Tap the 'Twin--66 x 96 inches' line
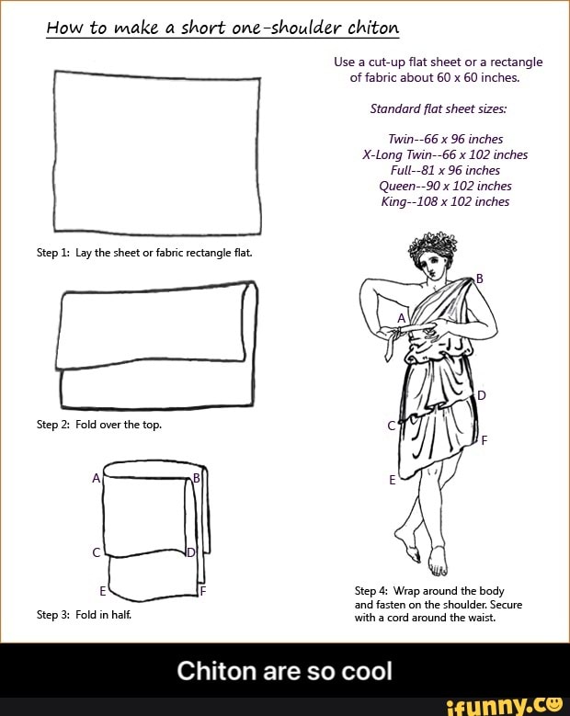[x=445, y=139]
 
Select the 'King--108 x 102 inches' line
[x=445, y=201]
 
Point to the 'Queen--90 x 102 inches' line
[x=445, y=186]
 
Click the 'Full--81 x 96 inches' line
[x=445, y=170]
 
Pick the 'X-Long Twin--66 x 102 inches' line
[x=445, y=154]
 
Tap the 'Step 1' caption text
[x=144, y=251]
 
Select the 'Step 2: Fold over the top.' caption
[x=99, y=424]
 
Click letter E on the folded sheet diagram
[x=102, y=589]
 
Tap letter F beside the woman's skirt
[x=484, y=439]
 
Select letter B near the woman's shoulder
[x=478, y=278]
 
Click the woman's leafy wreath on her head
[x=431, y=245]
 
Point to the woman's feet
[x=426, y=557]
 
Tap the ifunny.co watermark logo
[x=503, y=705]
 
